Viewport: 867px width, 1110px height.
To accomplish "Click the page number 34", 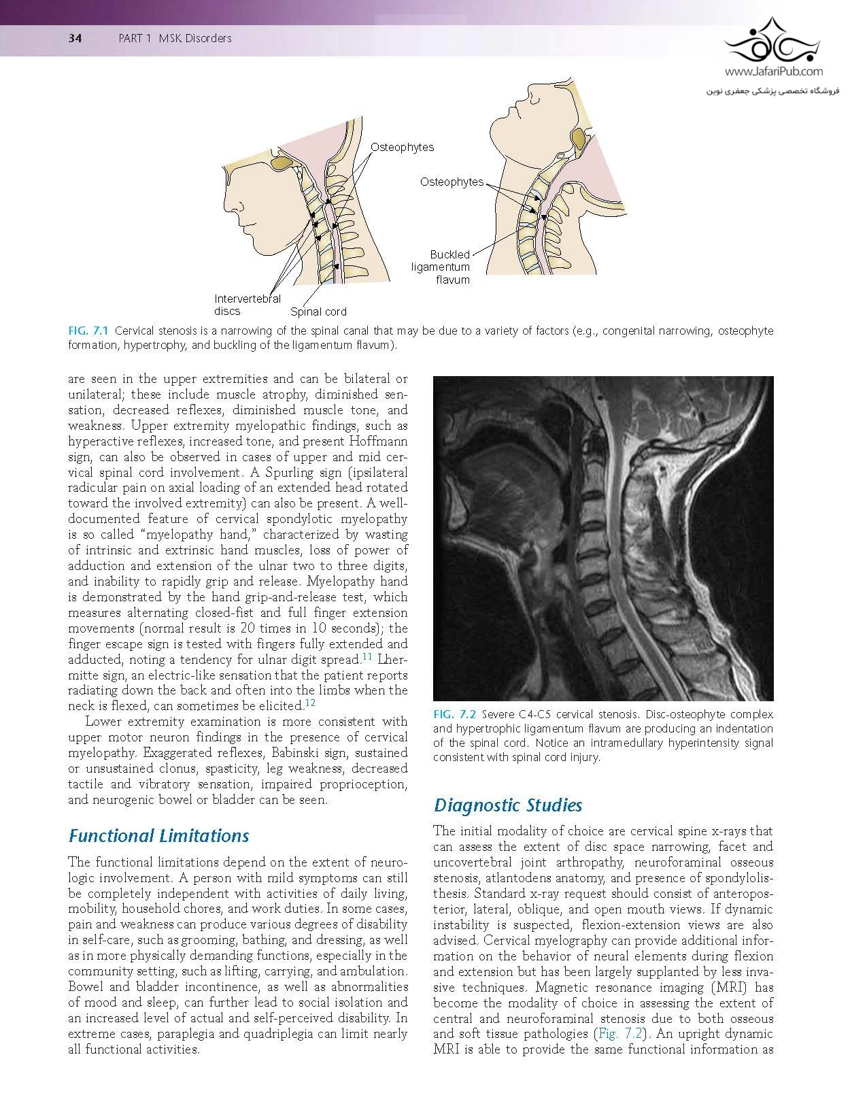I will click(75, 38).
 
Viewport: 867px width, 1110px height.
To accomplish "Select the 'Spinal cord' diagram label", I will click(318, 312).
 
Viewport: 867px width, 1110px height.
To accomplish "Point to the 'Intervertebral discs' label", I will click(248, 305).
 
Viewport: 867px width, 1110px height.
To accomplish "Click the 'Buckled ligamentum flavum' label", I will click(441, 267).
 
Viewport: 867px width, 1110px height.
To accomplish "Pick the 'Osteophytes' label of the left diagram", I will click(402, 147).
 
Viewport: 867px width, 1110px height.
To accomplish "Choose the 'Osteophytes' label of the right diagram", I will click(452, 182).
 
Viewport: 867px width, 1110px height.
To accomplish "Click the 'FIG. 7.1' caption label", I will click(89, 331).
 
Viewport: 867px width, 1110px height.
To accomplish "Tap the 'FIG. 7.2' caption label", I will click(454, 715).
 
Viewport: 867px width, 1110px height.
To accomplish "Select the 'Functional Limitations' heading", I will click(159, 835).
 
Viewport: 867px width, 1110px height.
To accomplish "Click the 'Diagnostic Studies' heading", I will click(508, 805).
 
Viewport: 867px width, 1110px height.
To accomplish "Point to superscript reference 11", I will click(367, 657).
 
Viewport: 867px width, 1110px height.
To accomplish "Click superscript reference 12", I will click(309, 703).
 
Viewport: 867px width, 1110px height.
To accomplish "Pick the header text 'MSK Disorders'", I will click(195, 38).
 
